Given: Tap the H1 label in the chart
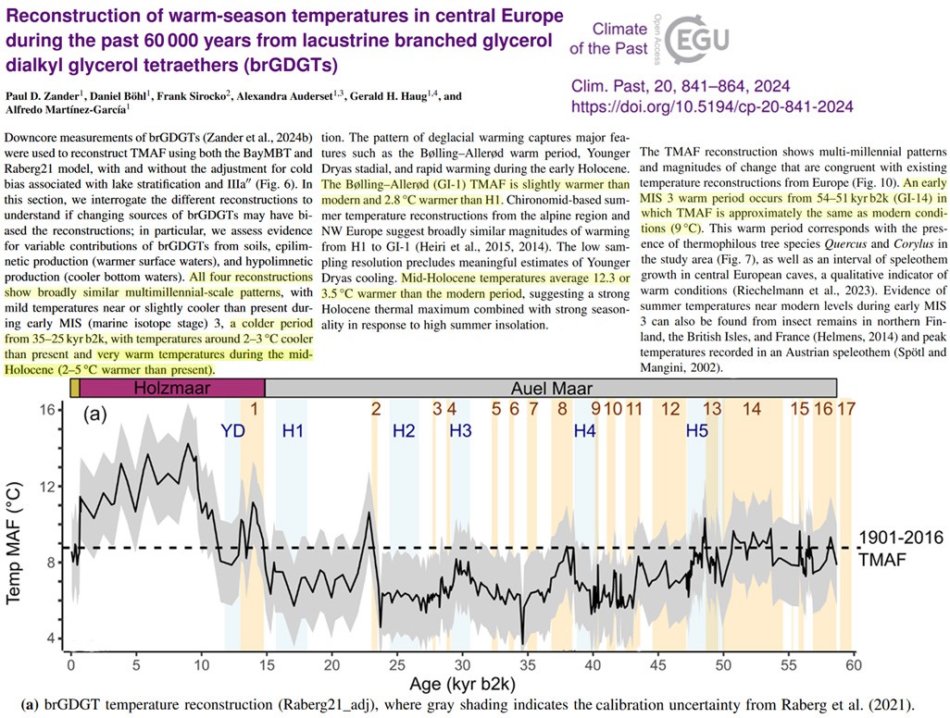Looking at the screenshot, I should click(294, 430).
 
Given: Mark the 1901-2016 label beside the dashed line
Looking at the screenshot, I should click(898, 538).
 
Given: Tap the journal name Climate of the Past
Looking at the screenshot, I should click(626, 40).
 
